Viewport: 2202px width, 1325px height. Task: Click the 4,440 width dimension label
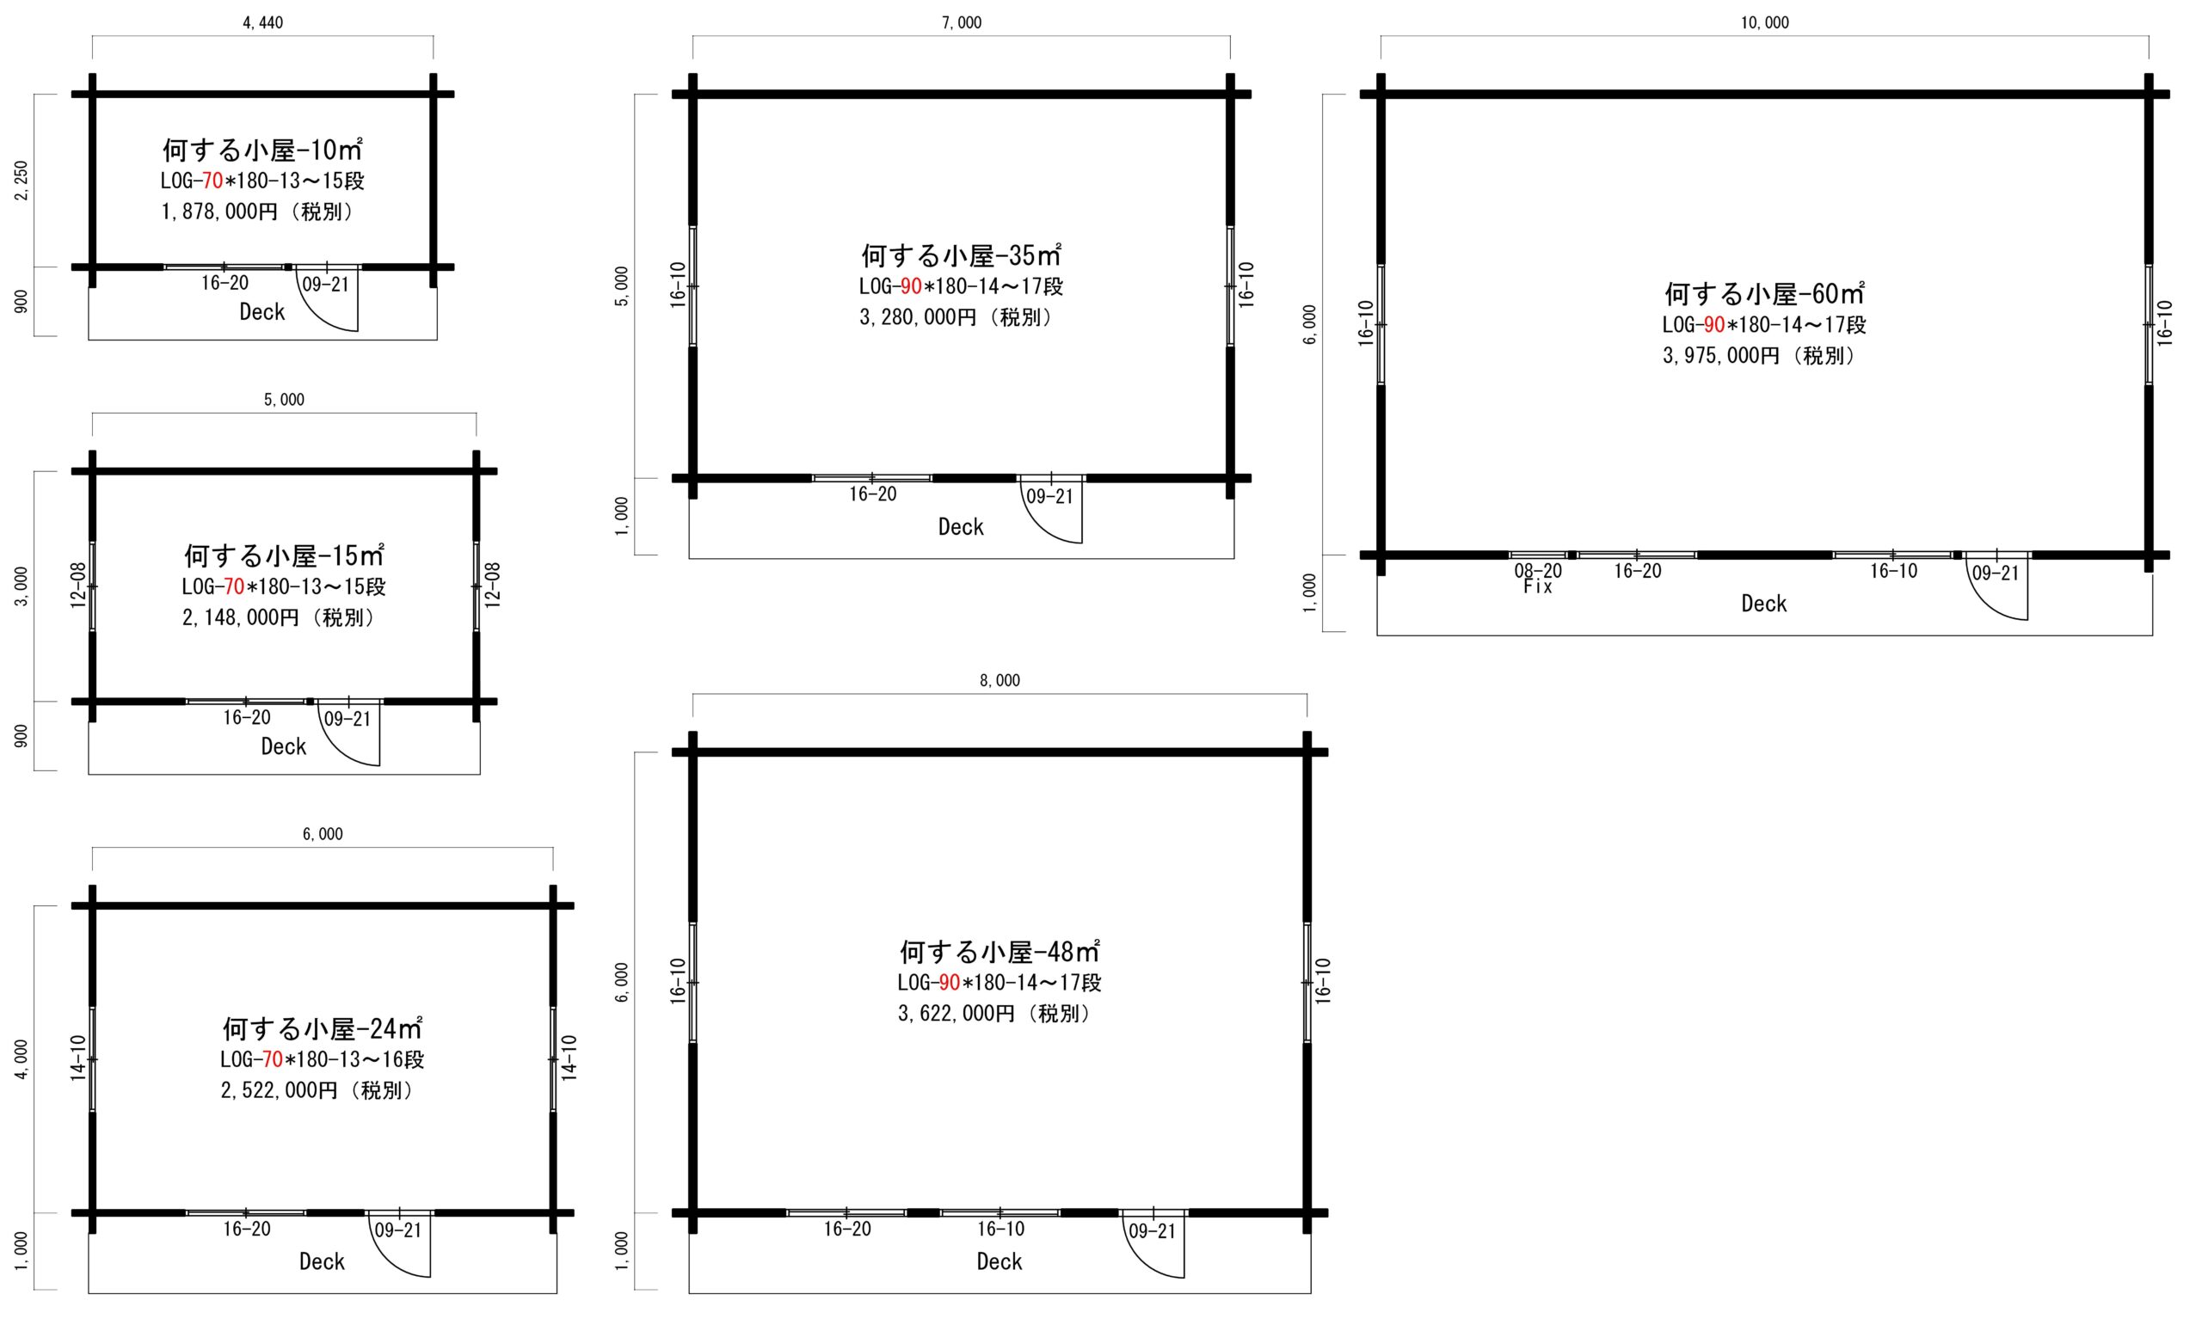[262, 22]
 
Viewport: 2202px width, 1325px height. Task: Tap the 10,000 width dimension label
[1764, 22]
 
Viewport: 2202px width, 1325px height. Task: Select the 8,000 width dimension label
[1000, 680]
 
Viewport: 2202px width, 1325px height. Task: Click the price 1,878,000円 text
[219, 212]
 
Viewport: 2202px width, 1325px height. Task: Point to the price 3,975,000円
[1720, 355]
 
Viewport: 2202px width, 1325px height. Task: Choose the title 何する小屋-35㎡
[961, 255]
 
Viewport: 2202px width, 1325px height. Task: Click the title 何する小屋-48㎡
[1000, 951]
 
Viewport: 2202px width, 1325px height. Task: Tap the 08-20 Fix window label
[1538, 579]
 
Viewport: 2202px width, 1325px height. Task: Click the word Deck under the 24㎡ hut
[322, 1261]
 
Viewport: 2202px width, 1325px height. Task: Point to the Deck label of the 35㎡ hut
[961, 527]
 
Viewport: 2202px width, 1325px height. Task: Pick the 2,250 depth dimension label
[22, 181]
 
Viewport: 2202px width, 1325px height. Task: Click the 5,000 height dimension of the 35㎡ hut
[623, 285]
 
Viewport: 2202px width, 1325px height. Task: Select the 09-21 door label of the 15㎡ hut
[348, 719]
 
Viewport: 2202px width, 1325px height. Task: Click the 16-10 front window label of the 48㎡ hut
[1000, 1229]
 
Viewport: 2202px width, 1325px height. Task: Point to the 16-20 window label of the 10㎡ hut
[225, 283]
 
